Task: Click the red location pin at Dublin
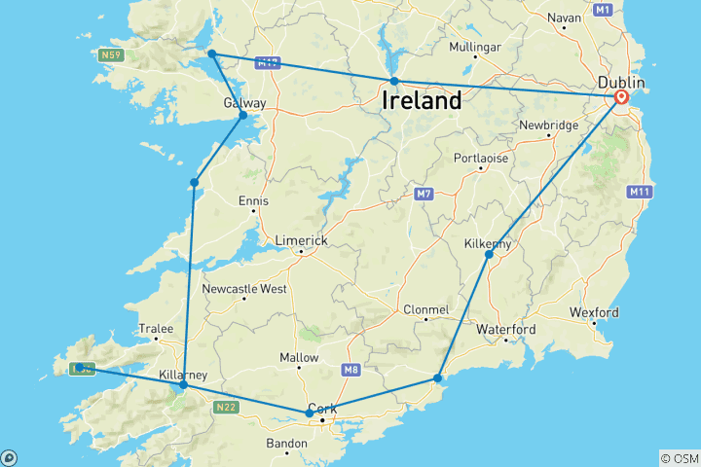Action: pos(621,97)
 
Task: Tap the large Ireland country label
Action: pos(422,100)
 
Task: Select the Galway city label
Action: pos(244,103)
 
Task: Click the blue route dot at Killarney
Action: pos(183,385)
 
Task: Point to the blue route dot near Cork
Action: pos(310,413)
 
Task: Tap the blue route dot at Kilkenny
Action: pos(489,255)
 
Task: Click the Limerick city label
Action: pos(301,240)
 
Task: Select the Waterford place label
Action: pos(505,330)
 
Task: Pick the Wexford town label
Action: pos(594,312)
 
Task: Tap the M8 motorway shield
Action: pos(350,370)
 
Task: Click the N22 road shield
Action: pos(226,407)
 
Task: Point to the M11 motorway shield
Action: pos(639,193)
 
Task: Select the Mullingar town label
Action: pos(474,47)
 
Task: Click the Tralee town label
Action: pos(156,329)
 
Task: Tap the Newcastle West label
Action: pos(243,289)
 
